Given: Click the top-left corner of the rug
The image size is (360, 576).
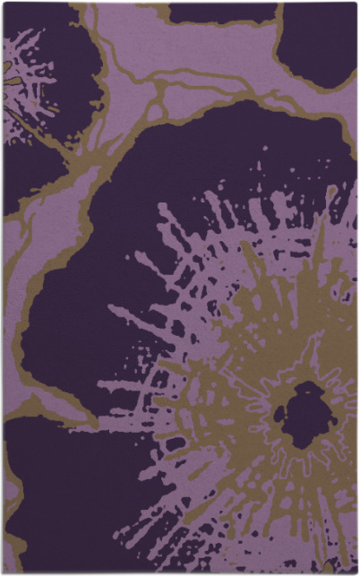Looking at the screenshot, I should [4, 4].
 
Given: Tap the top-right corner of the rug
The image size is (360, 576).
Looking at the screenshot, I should [356, 4].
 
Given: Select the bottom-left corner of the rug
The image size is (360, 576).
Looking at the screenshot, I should [4, 572].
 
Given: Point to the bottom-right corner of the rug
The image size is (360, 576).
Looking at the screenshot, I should [356, 572].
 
